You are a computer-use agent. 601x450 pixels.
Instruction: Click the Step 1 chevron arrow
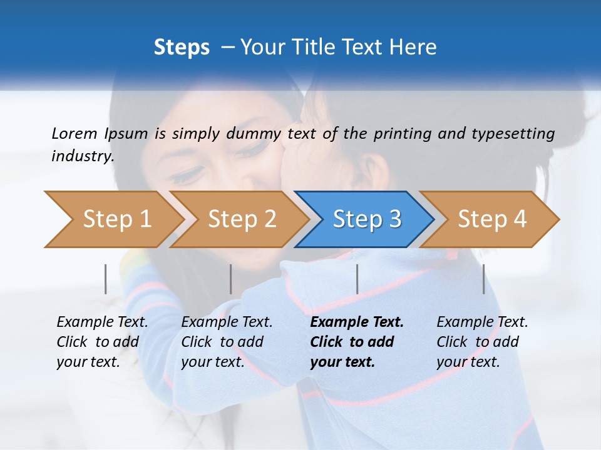113,219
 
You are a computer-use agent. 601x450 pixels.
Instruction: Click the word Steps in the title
182,47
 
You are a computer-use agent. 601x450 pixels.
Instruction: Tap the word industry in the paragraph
83,156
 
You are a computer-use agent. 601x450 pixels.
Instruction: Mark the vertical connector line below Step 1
105,279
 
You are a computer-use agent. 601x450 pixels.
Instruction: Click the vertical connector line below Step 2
230,279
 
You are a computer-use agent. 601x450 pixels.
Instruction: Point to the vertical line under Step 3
357,279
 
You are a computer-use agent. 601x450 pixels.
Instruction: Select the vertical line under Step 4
483,279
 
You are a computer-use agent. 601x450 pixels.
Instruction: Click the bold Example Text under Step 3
357,322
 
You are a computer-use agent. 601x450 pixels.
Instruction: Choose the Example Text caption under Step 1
102,322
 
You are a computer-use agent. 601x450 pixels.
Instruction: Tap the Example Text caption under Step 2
227,322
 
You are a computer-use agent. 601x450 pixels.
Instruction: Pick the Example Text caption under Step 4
482,322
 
